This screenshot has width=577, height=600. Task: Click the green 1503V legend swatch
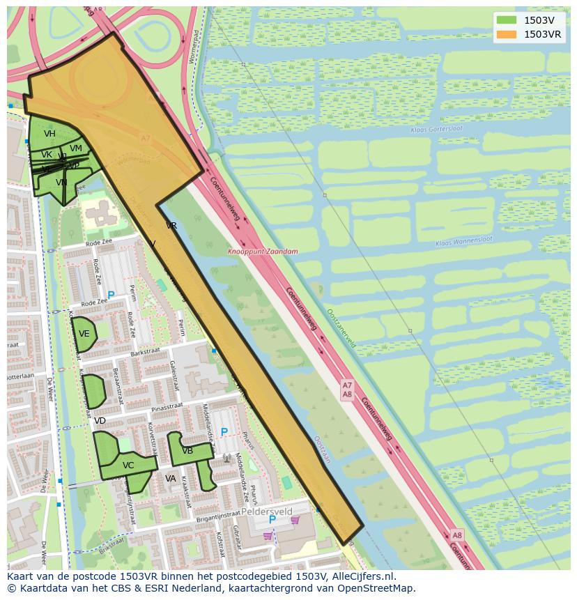pyautogui.click(x=507, y=20)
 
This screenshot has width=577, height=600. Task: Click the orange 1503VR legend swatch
pyautogui.click(x=507, y=34)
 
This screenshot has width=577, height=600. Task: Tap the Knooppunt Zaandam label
pyautogui.click(x=262, y=252)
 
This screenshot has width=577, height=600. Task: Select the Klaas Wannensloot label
pyautogui.click(x=463, y=241)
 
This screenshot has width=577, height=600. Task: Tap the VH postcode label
pyautogui.click(x=49, y=134)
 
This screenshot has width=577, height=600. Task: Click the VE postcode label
pyautogui.click(x=84, y=334)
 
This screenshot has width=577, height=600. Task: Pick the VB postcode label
pyautogui.click(x=187, y=451)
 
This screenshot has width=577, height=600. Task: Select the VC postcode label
pyautogui.click(x=128, y=466)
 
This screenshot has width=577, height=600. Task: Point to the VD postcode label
pyautogui.click(x=100, y=421)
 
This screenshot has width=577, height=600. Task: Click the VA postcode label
pyautogui.click(x=171, y=479)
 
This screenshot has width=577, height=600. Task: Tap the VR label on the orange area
pyautogui.click(x=171, y=226)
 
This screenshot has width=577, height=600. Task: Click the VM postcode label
pyautogui.click(x=76, y=148)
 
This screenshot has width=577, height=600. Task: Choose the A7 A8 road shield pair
pyautogui.click(x=347, y=390)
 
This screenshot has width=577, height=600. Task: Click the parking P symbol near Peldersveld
pyautogui.click(x=272, y=520)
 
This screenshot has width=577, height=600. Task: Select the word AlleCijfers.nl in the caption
pyautogui.click(x=362, y=576)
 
